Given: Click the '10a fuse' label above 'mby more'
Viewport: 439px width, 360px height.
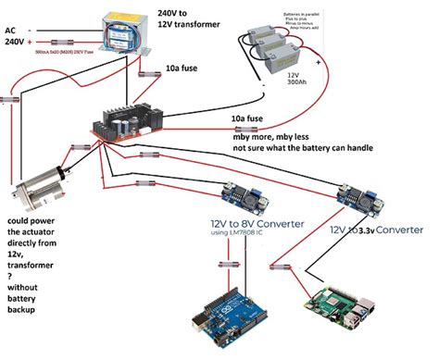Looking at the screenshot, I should [255, 119].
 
